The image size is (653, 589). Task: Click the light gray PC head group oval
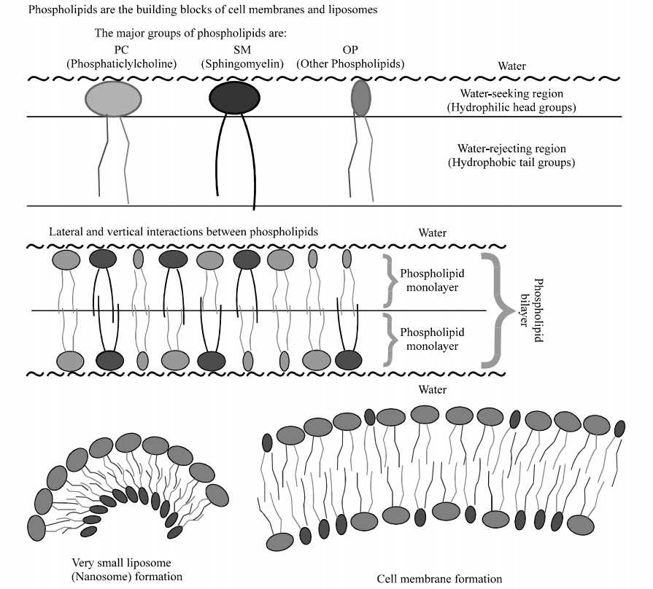click(x=113, y=98)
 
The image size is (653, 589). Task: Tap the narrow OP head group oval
click(x=360, y=98)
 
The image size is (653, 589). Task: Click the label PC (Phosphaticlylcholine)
click(x=122, y=58)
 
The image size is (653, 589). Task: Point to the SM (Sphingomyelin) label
click(x=242, y=58)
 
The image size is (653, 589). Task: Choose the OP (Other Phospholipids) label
click(x=350, y=58)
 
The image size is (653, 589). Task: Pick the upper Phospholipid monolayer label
click(x=429, y=281)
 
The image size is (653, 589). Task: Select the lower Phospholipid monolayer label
click(x=429, y=338)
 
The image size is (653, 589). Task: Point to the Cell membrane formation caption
click(x=439, y=579)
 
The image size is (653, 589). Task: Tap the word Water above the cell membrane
click(x=432, y=390)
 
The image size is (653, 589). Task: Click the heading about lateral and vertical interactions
click(x=184, y=231)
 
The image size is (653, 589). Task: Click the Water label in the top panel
click(x=511, y=66)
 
